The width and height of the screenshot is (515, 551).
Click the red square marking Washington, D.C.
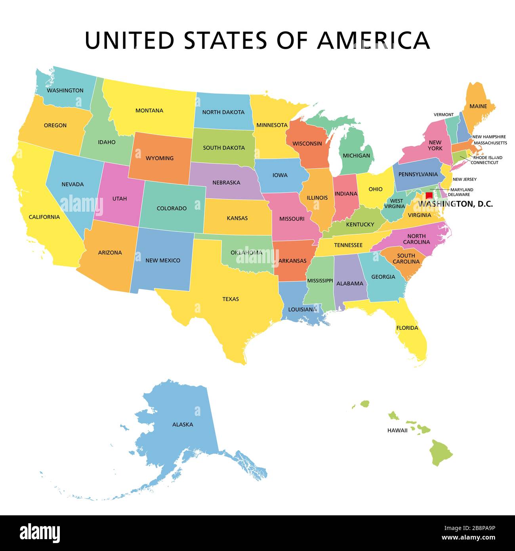[x=429, y=195]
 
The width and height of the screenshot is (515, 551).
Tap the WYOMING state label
[x=160, y=158]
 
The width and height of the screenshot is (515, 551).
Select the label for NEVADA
[x=72, y=184]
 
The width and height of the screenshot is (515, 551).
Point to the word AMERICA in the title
[x=373, y=40]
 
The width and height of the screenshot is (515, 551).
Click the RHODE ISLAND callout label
[x=487, y=157]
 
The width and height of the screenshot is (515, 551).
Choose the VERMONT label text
[x=443, y=115]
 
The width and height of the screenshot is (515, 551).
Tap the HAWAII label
[x=397, y=430]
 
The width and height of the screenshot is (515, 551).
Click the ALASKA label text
[x=183, y=424]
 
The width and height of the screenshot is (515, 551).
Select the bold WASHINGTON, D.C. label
[x=456, y=204]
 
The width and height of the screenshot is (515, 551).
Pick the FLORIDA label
[x=407, y=328]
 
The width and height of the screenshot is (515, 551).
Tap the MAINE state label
[x=478, y=106]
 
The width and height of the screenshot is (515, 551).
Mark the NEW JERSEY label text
[x=464, y=179]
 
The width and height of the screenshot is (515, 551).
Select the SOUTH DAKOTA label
[x=224, y=147]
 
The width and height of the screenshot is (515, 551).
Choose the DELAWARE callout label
[x=459, y=195]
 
